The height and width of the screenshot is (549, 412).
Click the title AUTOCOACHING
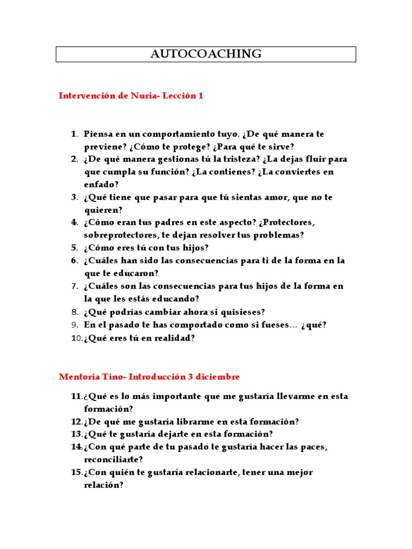pyautogui.click(x=206, y=54)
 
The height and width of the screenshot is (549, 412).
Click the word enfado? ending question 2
pyautogui.click(x=101, y=184)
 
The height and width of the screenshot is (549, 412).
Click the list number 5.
pyautogui.click(x=74, y=248)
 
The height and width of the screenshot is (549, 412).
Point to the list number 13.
pyautogui.click(x=75, y=434)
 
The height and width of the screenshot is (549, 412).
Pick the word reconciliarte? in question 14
pyautogui.click(x=114, y=460)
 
